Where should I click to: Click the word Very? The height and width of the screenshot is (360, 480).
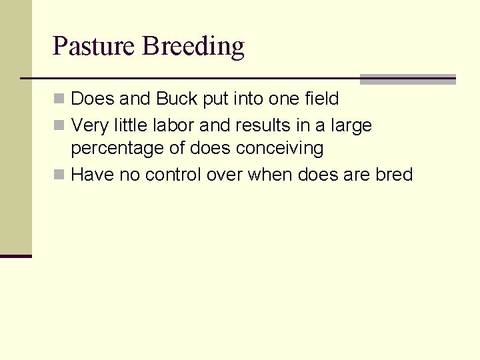tap(89, 126)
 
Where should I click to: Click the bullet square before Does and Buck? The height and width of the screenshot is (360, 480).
tap(59, 99)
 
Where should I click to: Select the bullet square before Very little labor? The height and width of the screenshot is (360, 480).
tap(59, 125)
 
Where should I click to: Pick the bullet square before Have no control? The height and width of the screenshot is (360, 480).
tap(59, 175)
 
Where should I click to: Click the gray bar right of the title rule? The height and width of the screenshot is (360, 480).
tap(407, 79)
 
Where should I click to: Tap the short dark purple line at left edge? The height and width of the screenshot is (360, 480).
tap(15, 256)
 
